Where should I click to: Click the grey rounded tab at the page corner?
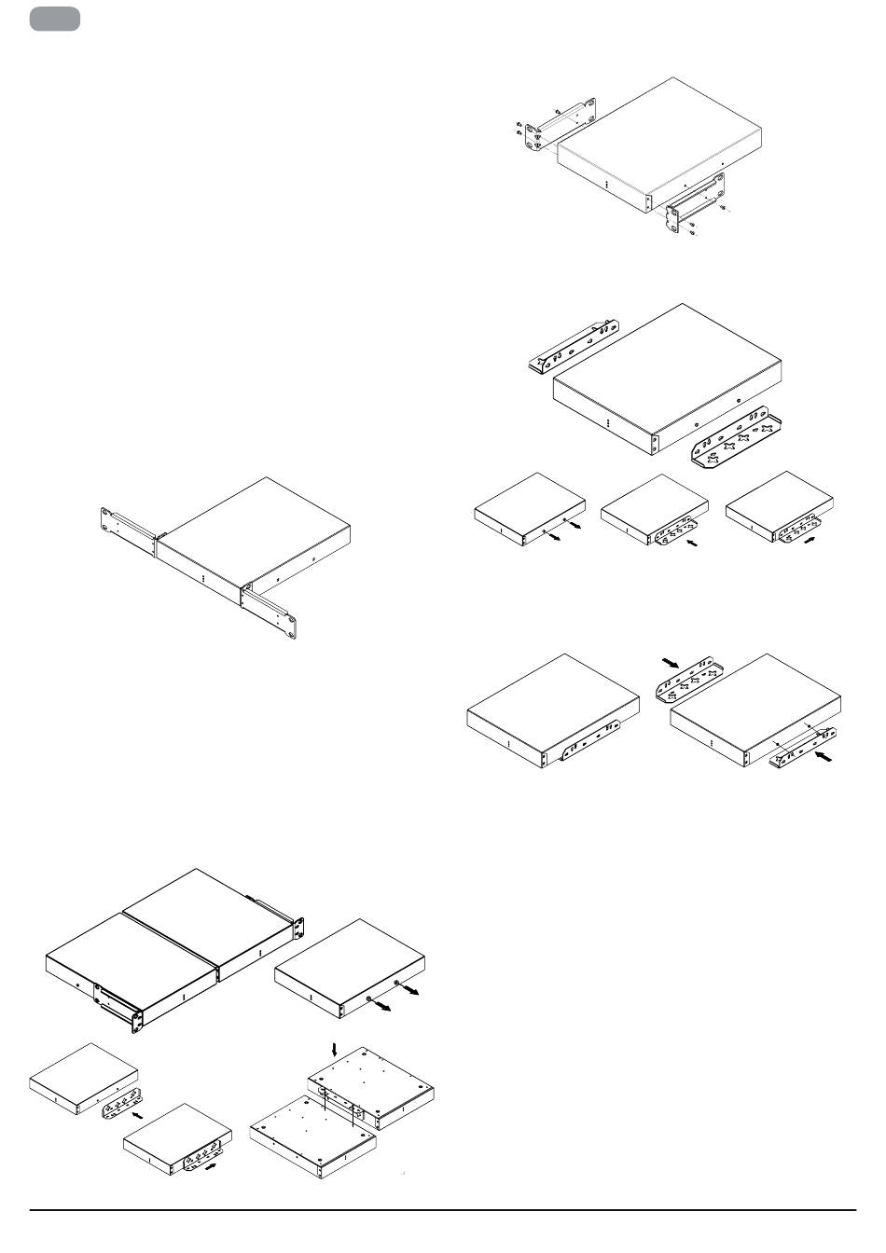[54, 19]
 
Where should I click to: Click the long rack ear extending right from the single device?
[271, 611]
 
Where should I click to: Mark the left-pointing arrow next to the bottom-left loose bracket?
[139, 1113]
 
